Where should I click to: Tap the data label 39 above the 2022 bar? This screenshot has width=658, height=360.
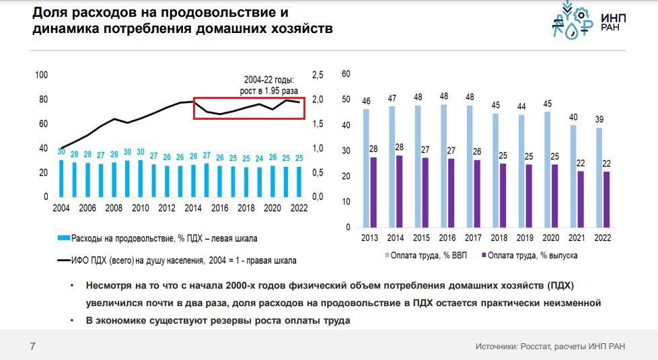click(x=599, y=119)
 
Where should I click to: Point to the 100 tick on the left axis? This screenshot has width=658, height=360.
click(x=41, y=75)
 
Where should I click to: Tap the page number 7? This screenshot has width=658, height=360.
click(x=32, y=347)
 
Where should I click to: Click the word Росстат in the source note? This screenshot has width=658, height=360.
click(x=533, y=347)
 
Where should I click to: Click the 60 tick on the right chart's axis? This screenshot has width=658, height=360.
click(x=346, y=75)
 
